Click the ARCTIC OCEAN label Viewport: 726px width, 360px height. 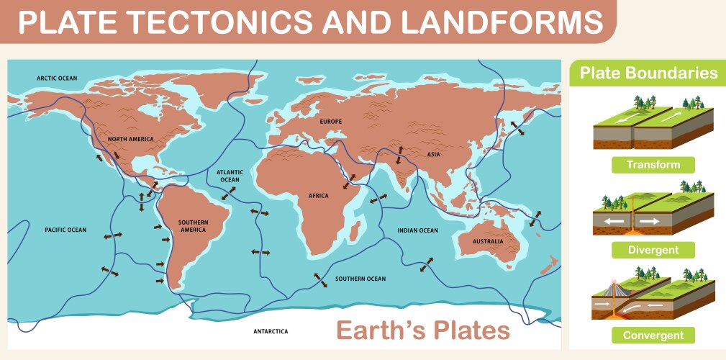pos(57,78)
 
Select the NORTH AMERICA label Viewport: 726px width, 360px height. pos(131,138)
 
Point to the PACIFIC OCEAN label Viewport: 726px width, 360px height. pos(65,230)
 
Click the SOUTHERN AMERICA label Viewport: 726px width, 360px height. pos(192,225)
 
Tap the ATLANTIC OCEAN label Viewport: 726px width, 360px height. pos(230,176)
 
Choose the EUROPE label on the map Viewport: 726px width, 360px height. pos(331,121)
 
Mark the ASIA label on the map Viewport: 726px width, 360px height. pos(433,154)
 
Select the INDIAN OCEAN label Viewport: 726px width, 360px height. pos(417,230)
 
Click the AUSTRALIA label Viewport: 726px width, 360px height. pos(488,241)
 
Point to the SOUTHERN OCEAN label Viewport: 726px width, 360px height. pos(360,279)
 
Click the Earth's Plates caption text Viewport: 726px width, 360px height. pos(423,330)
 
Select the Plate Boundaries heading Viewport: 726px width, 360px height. pos(648,73)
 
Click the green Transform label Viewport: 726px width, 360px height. pos(653,165)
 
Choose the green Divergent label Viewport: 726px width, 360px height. pos(653,250)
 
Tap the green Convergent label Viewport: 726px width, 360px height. pos(653,335)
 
